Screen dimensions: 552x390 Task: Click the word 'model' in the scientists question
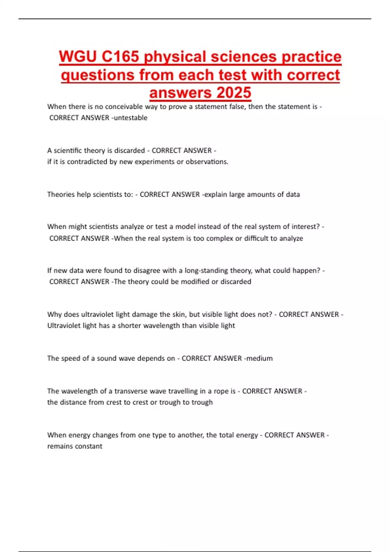tap(186, 227)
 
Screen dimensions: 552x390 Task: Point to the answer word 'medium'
tap(259, 358)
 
